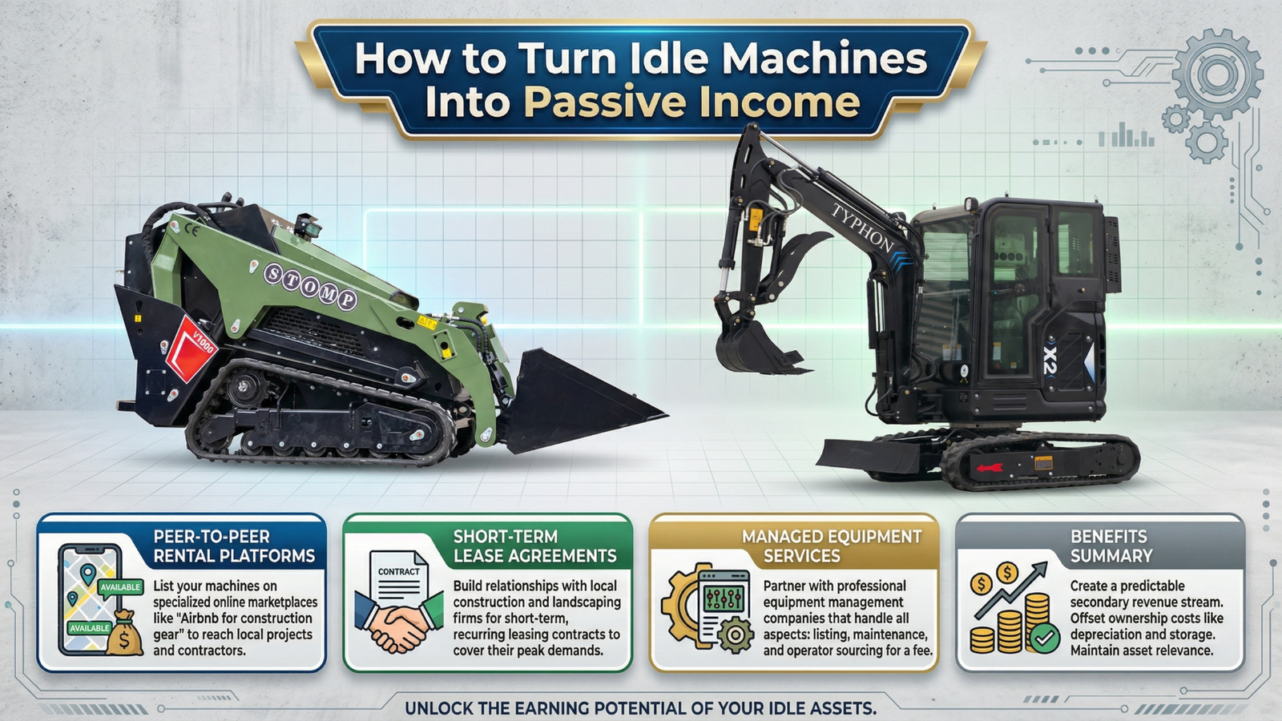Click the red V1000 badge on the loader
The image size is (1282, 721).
[x=191, y=348]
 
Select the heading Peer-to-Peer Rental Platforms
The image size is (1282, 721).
[x=234, y=546]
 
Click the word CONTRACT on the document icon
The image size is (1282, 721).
[x=398, y=572]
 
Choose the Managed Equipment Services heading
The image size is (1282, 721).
[x=832, y=546]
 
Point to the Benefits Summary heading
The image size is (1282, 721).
[x=1111, y=546]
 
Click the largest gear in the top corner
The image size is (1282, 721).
[x=1217, y=75]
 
